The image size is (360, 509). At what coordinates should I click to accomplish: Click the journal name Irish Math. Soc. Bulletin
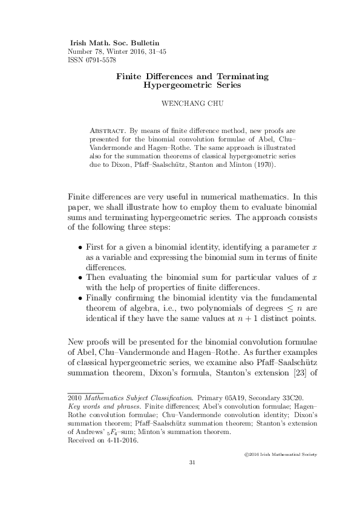[115, 44]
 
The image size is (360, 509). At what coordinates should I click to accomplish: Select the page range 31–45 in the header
[155, 52]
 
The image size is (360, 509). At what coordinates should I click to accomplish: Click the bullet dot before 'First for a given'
[81, 248]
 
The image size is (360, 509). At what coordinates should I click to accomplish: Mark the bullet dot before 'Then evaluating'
[81, 278]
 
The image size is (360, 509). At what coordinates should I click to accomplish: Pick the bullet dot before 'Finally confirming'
[81, 299]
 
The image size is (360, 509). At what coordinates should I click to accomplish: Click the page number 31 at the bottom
[192, 463]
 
